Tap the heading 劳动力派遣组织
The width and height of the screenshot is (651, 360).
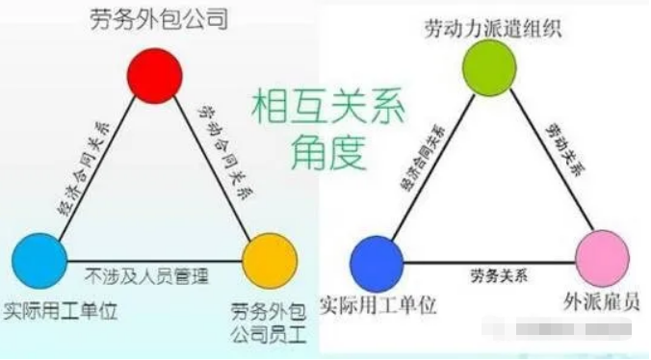(491, 26)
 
